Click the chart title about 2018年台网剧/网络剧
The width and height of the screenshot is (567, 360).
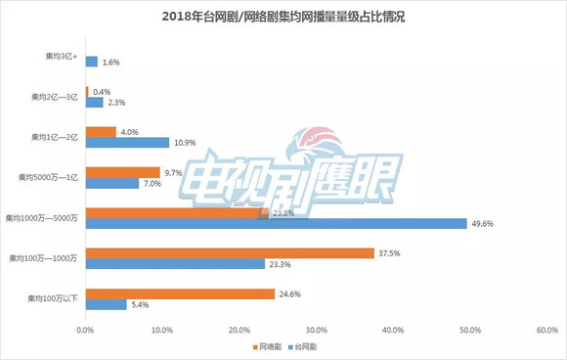pyautogui.click(x=283, y=18)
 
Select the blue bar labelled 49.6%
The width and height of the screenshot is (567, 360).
pyautogui.click(x=277, y=224)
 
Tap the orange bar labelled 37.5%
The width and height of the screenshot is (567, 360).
pyautogui.click(x=230, y=252)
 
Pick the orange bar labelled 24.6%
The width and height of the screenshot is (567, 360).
pyautogui.click(x=181, y=292)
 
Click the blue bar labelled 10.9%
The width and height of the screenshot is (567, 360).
pyautogui.click(x=128, y=143)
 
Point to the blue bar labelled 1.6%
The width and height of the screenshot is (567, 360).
pyautogui.click(x=92, y=62)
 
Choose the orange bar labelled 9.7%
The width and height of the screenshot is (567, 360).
pyautogui.click(x=123, y=172)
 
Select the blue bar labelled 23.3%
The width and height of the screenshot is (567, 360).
pyautogui.click(x=175, y=264)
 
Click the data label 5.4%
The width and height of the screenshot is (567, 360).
pyautogui.click(x=143, y=304)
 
